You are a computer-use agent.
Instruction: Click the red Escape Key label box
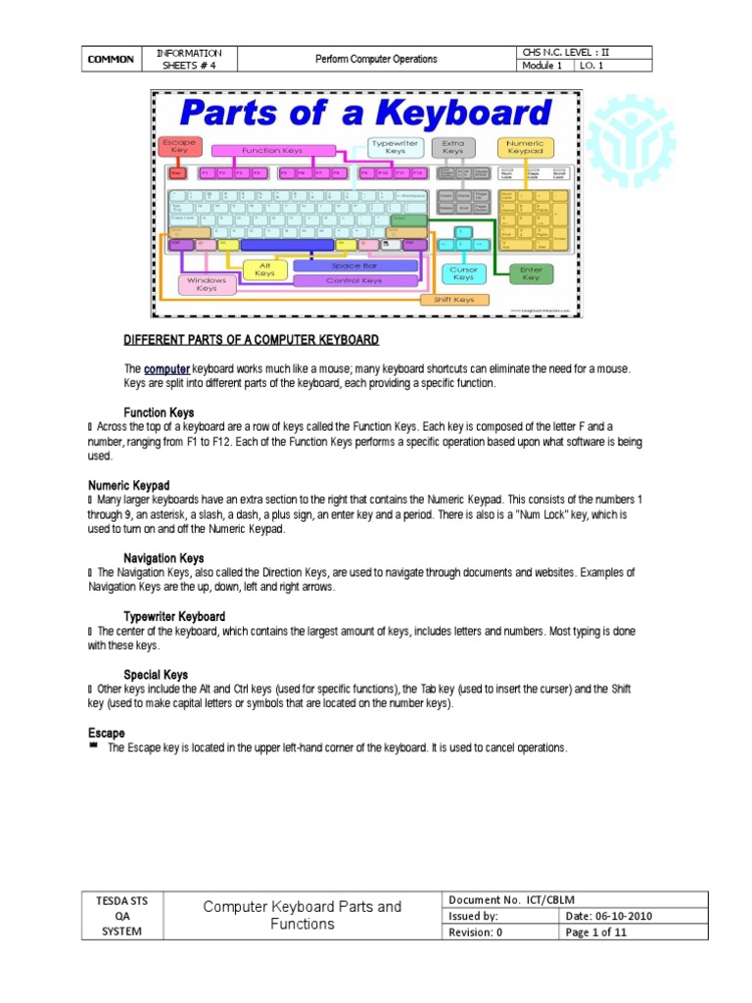coord(178,147)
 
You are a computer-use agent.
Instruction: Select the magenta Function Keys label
coord(272,150)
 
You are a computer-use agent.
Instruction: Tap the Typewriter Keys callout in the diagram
coord(395,147)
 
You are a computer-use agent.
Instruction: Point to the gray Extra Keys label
coord(452,147)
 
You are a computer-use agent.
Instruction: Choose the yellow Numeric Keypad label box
coord(526,147)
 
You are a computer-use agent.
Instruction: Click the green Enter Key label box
coord(531,272)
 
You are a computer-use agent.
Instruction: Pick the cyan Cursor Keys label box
coord(463,272)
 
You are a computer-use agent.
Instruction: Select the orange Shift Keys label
coord(453,300)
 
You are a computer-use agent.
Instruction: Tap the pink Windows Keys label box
coord(207,284)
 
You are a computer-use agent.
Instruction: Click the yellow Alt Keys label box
coord(264,268)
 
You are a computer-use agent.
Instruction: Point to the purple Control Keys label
coord(354,280)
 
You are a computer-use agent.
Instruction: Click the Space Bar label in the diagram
coord(354,265)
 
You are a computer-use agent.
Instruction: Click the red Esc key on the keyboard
coord(177,173)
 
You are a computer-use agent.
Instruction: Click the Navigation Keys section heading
coord(164,558)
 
